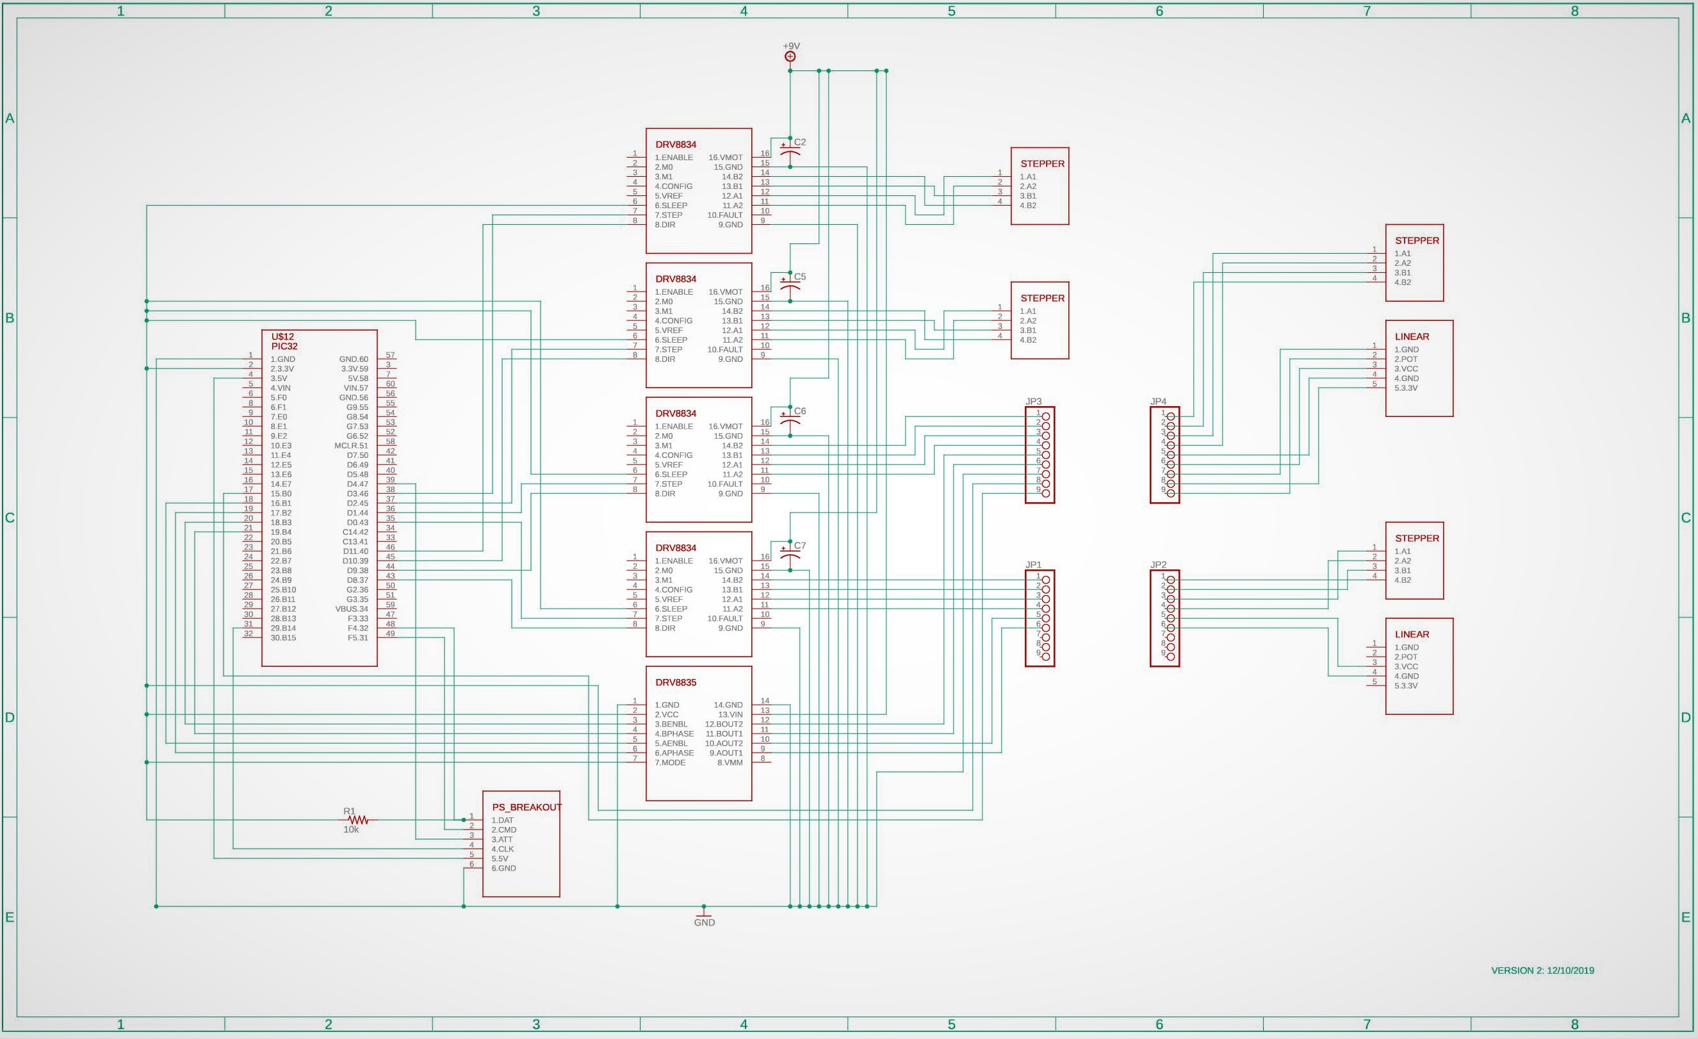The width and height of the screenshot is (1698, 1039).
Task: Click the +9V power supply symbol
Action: click(790, 56)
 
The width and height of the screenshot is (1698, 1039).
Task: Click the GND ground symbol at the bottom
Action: click(703, 914)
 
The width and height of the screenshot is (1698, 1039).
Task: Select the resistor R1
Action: click(358, 820)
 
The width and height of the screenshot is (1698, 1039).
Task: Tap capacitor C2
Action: click(790, 152)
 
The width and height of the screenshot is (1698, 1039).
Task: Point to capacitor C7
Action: click(790, 555)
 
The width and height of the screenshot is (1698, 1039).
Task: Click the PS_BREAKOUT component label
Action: click(527, 807)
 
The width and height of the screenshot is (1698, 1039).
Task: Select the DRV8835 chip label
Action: click(675, 682)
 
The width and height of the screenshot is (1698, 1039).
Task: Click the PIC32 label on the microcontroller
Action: click(284, 346)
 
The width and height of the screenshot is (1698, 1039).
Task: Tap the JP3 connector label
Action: click(1033, 401)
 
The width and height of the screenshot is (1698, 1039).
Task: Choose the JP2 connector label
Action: click(1158, 564)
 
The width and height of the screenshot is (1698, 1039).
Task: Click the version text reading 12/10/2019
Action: click(1571, 970)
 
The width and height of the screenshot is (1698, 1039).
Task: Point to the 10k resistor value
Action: click(351, 830)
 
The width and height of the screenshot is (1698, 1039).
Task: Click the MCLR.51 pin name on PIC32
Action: click(352, 445)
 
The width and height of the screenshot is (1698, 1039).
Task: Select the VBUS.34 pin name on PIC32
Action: click(352, 609)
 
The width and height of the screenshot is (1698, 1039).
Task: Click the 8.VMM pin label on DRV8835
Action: click(730, 762)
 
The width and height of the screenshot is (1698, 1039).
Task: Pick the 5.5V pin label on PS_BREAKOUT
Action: click(500, 858)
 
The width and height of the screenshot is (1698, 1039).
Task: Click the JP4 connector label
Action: click(1158, 401)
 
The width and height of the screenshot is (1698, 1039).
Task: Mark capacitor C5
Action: click(790, 286)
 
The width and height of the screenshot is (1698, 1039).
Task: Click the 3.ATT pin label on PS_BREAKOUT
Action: click(502, 839)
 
